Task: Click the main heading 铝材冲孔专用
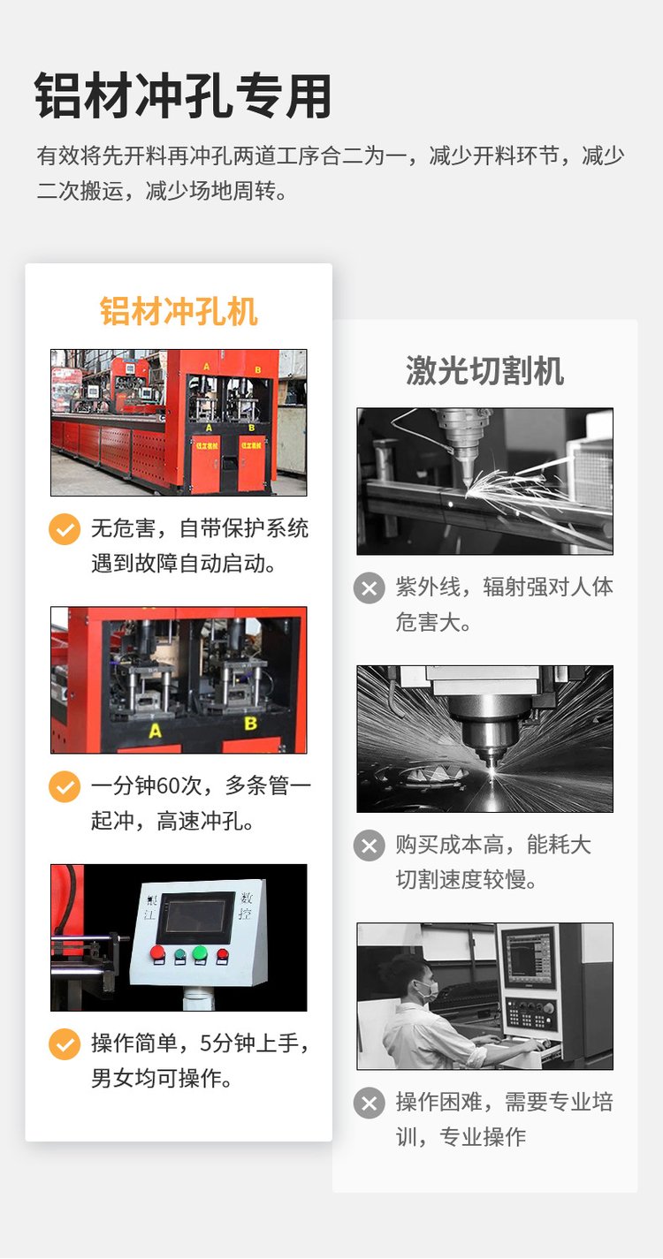[x=183, y=95]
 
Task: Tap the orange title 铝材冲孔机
[x=179, y=311]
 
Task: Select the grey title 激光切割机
[x=484, y=371]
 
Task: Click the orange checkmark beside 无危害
[x=65, y=529]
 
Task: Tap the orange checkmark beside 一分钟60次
[x=65, y=786]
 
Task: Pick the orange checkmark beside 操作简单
[x=65, y=1043]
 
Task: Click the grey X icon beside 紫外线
[x=370, y=588]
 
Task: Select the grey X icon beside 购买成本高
[x=370, y=846]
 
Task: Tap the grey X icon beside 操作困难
[x=370, y=1103]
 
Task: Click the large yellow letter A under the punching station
[x=156, y=732]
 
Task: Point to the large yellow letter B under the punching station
[x=251, y=724]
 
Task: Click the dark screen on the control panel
[x=194, y=917]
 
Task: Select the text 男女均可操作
[x=162, y=1078]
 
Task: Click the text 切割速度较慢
[x=466, y=879]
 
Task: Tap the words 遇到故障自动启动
[x=183, y=563]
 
